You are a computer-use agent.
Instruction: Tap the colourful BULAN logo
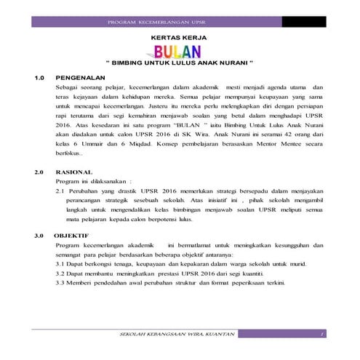(x=179, y=51)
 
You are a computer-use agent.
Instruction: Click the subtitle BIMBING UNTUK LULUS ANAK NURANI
(x=179, y=63)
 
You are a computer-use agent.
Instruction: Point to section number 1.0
(x=41, y=76)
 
